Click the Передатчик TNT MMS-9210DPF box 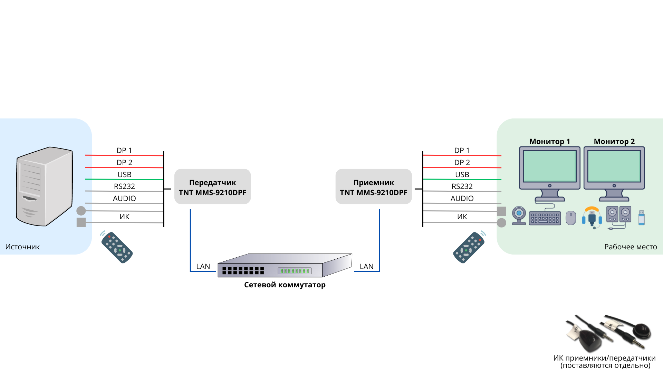click(212, 187)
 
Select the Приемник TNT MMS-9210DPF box click(374, 187)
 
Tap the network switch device click(285, 266)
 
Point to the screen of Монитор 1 click(549, 166)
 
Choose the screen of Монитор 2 click(614, 166)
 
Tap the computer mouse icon click(571, 218)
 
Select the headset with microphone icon click(592, 217)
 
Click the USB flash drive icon click(642, 218)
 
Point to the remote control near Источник click(117, 247)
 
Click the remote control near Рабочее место click(469, 247)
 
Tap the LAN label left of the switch click(203, 267)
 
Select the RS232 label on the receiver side click(462, 186)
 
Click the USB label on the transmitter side click(124, 175)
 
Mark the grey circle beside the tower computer click(81, 211)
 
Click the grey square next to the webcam click(501, 211)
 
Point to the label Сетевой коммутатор click(285, 285)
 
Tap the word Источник click(22, 247)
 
